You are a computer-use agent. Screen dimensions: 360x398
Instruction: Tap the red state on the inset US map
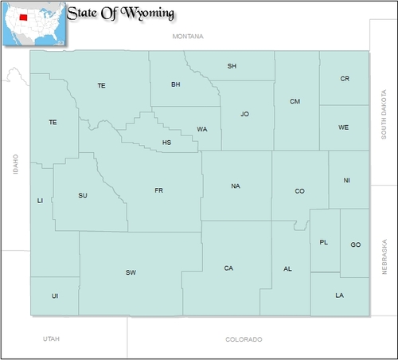(x=23, y=17)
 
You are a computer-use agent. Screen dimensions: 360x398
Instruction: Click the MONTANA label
(x=188, y=37)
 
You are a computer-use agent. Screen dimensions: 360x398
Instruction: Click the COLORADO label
(x=243, y=339)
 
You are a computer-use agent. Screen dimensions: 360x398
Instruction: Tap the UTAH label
(x=52, y=339)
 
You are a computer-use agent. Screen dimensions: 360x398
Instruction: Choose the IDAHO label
(x=15, y=164)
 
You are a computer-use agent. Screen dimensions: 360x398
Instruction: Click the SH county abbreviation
(x=232, y=65)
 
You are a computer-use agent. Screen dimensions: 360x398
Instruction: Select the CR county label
(x=345, y=79)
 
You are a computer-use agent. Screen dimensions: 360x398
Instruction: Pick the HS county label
(x=166, y=143)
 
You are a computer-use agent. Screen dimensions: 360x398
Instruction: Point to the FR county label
(x=158, y=190)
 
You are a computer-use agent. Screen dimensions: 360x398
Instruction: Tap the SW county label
(x=131, y=272)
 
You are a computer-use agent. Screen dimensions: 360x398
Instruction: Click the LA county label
(x=340, y=295)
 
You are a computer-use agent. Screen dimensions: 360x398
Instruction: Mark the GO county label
(x=355, y=245)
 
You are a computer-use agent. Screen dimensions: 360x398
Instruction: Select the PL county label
(x=323, y=242)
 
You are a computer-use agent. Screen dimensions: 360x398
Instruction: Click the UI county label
(x=55, y=295)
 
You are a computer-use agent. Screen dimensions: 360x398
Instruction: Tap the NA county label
(x=235, y=186)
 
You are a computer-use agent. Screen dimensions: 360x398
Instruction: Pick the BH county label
(x=176, y=84)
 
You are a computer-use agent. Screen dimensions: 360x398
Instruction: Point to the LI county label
(x=40, y=201)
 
